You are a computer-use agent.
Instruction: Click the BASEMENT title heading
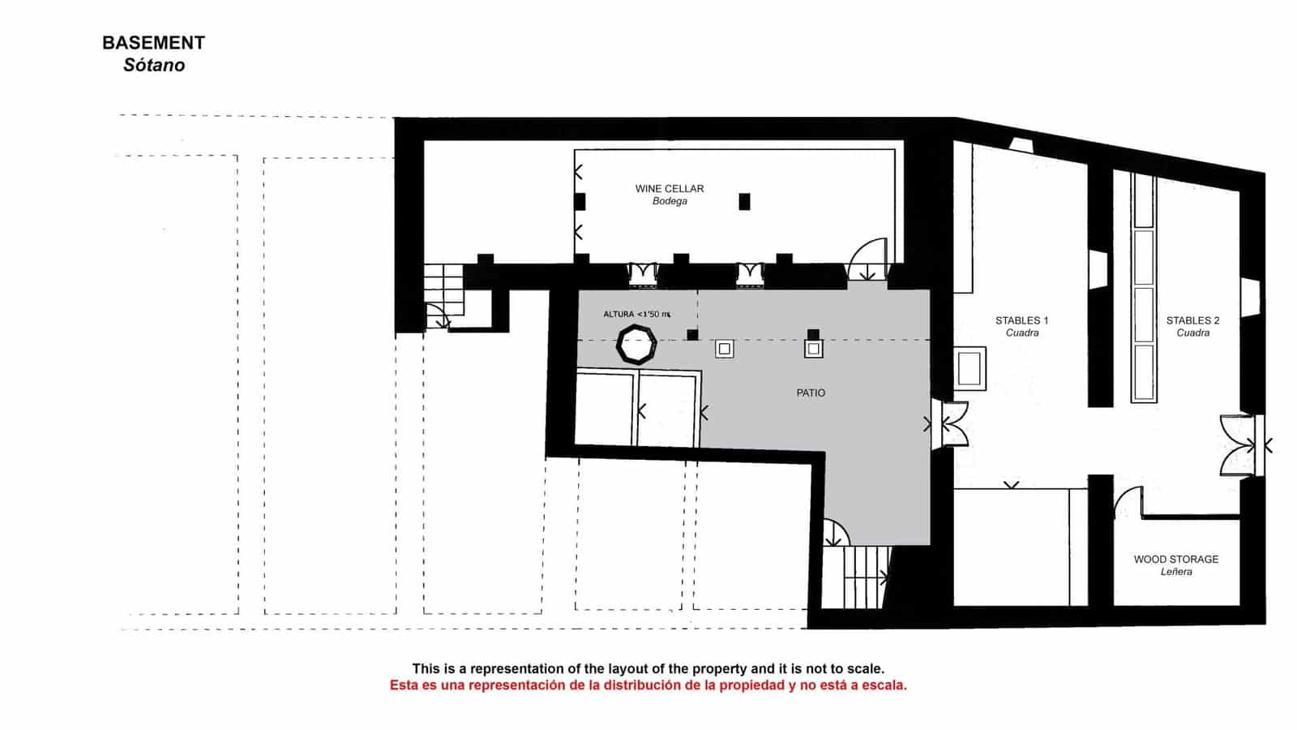153,43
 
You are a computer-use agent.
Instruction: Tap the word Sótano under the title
154,66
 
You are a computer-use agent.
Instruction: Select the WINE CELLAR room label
670,188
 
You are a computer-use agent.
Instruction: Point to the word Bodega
670,201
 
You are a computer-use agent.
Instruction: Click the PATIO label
811,393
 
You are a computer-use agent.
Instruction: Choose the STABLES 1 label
1021,320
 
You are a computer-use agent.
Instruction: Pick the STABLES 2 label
1192,320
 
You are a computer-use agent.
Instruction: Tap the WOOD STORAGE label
1175,559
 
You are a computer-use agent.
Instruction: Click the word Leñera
1175,572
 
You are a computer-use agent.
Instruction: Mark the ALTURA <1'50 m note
637,314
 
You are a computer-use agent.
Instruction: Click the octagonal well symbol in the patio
636,345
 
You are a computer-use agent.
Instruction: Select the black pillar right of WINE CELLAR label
744,201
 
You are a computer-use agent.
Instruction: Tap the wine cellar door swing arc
867,258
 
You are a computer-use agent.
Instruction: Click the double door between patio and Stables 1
950,424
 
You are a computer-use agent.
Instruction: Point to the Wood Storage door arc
1128,502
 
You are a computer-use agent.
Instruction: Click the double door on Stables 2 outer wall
1240,445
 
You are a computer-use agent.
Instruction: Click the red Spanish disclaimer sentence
648,685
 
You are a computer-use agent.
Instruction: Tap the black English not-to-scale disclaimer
648,669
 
